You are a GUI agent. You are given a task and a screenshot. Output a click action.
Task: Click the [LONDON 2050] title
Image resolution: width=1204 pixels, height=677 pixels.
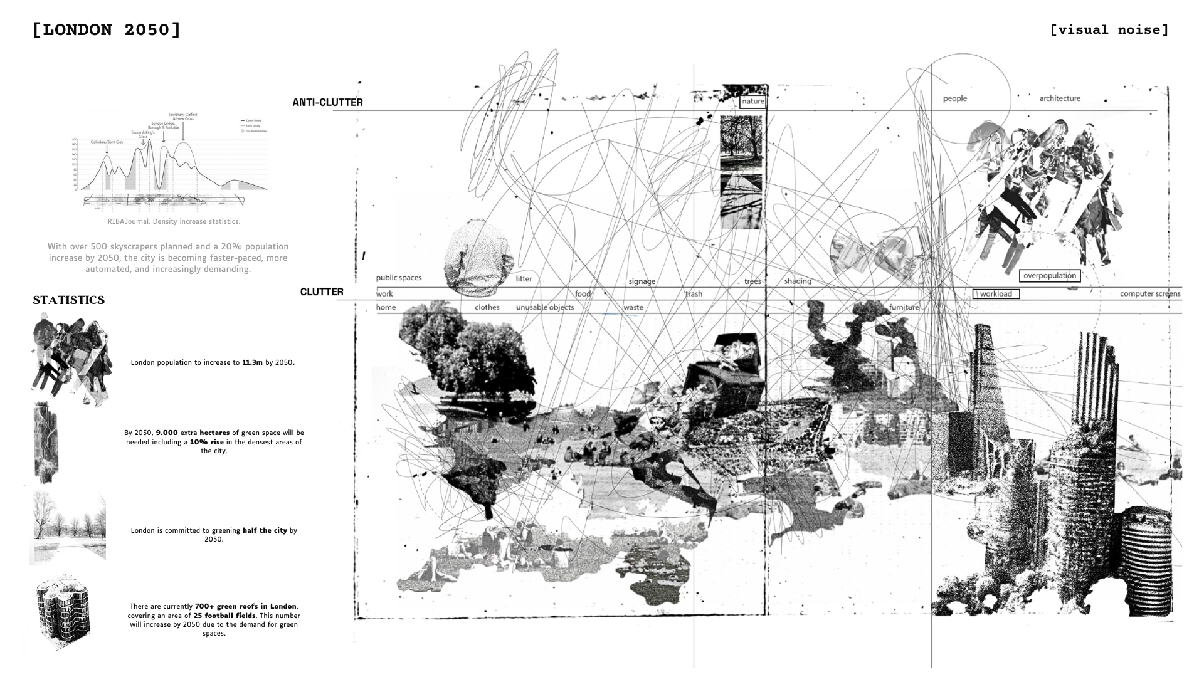107,30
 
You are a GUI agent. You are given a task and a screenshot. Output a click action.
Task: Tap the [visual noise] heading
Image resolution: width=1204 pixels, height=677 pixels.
1109,30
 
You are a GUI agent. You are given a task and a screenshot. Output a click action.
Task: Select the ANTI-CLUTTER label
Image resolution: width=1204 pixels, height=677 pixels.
327,102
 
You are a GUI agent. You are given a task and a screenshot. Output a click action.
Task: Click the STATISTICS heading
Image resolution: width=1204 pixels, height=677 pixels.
69,300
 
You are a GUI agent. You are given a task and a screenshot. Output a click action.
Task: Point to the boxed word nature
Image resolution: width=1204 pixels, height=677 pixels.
752,102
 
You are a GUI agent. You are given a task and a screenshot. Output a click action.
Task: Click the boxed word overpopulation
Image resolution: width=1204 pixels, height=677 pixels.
1049,275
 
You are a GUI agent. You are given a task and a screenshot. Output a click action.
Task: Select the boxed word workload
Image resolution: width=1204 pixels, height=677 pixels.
996,293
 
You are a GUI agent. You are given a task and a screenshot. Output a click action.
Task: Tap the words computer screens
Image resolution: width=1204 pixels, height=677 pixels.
1150,293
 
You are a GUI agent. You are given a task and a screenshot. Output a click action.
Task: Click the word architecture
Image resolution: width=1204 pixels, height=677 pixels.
1060,98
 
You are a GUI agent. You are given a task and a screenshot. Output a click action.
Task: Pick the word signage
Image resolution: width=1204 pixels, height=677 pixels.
642,281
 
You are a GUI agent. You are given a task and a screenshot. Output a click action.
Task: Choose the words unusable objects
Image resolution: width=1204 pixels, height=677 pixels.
544,307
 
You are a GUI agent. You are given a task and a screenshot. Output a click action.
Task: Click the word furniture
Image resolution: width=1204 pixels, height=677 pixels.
904,307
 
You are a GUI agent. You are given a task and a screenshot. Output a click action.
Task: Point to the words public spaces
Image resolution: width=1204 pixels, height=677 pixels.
399,278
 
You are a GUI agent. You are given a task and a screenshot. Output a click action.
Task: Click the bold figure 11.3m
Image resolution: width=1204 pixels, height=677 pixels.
252,362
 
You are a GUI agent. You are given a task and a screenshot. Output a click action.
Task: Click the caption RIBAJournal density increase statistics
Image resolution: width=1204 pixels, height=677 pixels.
174,221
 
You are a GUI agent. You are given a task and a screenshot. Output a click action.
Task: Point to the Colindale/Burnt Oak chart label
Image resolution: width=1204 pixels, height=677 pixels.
107,142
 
